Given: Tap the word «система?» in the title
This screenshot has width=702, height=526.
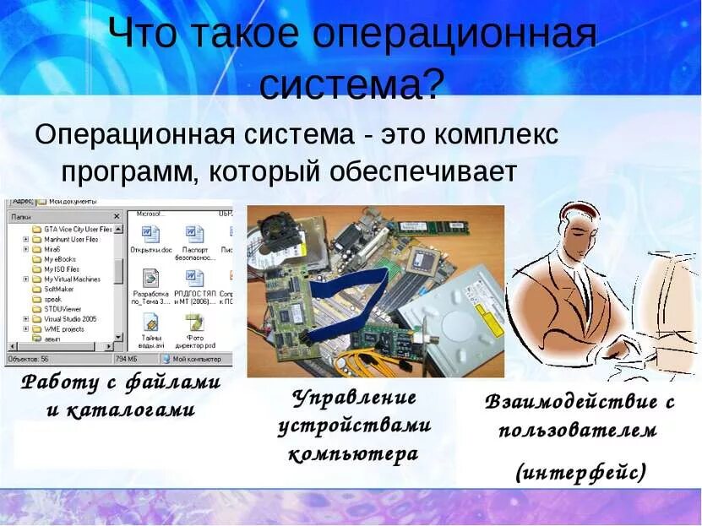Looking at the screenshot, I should click(x=351, y=84).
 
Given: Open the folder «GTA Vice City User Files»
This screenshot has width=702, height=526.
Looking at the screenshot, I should click(x=77, y=229).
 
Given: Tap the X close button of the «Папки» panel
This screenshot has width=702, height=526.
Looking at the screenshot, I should click(x=117, y=216).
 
